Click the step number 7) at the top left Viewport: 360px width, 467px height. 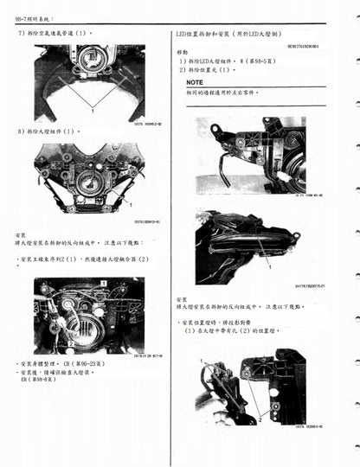21,32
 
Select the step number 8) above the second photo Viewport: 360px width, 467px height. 21,131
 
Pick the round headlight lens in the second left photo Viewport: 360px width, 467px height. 87,182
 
